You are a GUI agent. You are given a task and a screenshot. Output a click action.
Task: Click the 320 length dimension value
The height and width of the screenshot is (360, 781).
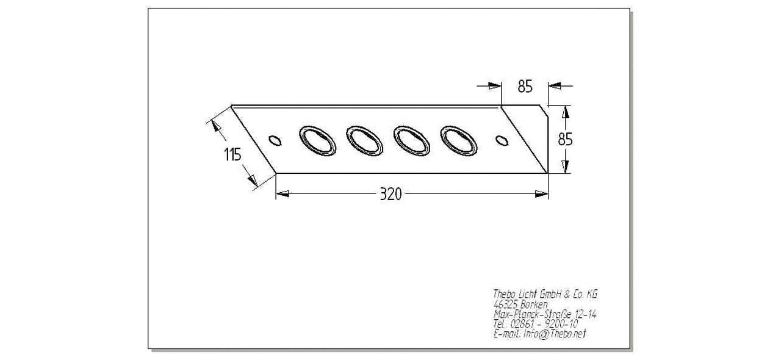pos(390,194)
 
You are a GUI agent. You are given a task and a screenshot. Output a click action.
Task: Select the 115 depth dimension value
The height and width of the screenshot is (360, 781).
pos(232,154)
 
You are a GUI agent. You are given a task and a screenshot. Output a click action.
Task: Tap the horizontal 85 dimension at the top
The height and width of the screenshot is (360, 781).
pos(525,87)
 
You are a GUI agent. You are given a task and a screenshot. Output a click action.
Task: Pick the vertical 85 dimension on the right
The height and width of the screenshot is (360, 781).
pos(565,140)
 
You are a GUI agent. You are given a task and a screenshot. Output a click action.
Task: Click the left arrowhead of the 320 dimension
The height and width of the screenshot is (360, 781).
pos(283,193)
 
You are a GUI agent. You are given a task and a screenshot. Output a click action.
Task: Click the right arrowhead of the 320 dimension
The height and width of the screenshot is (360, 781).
pos(541,194)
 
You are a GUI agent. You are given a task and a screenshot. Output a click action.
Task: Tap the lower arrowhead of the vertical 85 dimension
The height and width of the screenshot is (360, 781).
pos(565,167)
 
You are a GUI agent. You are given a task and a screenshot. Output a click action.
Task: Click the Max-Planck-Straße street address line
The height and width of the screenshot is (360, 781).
pos(545,314)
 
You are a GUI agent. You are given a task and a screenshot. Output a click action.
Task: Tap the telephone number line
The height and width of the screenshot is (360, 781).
pos(536,324)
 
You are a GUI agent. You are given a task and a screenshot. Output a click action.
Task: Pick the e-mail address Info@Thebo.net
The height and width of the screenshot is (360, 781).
pos(555,334)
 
